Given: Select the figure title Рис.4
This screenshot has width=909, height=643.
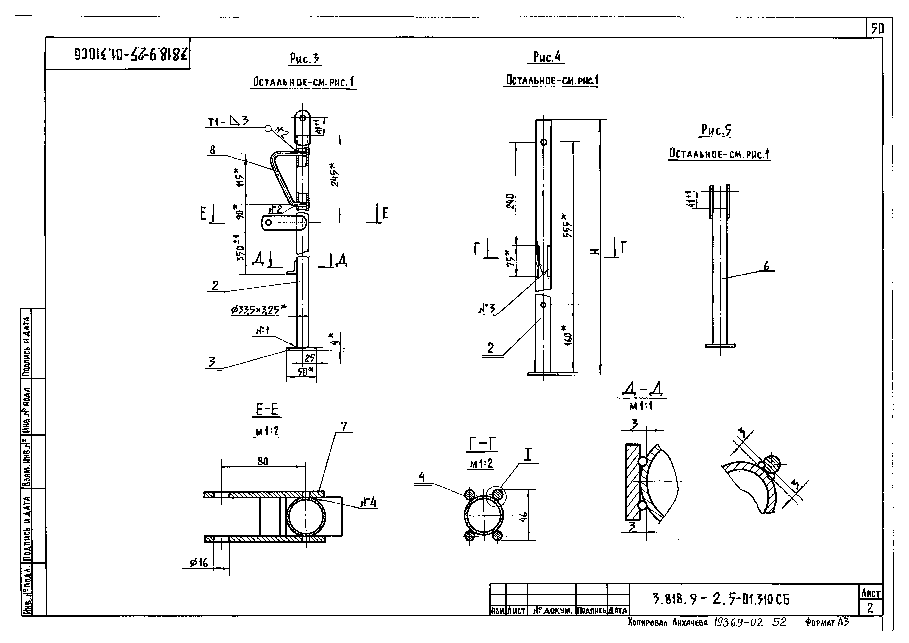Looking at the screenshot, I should coord(547,57).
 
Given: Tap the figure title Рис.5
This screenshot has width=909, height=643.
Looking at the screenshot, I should coord(716,130).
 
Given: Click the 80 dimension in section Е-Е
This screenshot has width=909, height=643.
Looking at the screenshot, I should coord(263,461).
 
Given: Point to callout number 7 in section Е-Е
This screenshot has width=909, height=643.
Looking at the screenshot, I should coord(344,426).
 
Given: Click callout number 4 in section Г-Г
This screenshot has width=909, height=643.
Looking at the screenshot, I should coord(422,477).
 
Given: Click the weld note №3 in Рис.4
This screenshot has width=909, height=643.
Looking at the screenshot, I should coord(487,308).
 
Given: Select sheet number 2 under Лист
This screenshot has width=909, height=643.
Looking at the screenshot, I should coord(870,607).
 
